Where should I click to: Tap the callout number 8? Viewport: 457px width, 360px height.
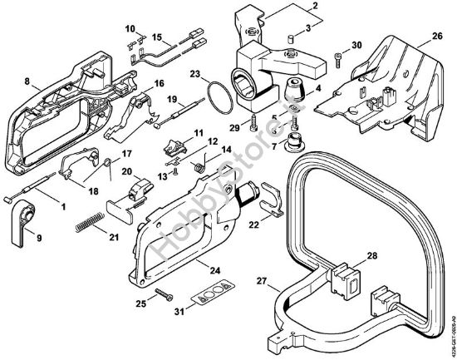click(x=27, y=81)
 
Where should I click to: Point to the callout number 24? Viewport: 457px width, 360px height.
click(x=214, y=270)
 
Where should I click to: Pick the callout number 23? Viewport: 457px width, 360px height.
click(x=194, y=75)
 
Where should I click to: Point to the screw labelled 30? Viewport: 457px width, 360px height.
click(x=337, y=58)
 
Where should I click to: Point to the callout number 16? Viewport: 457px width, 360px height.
click(x=159, y=82)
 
